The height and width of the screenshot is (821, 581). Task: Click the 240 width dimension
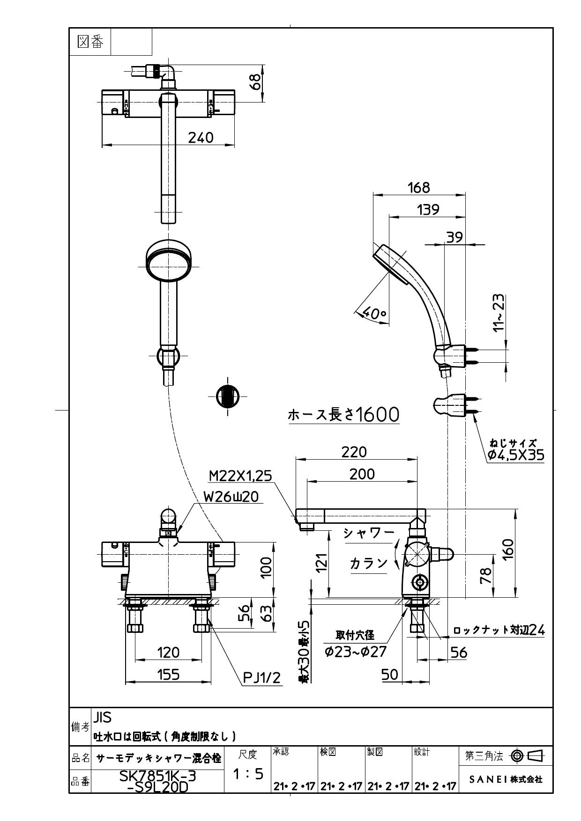[201, 137]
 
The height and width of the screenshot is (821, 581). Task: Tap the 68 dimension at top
[256, 83]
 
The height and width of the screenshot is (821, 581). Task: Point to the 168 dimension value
[418, 187]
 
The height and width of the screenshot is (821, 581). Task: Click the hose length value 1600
[377, 414]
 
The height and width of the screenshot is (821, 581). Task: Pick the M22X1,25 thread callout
[240, 476]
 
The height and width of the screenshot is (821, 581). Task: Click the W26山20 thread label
[231, 496]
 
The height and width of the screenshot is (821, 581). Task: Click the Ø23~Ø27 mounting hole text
[356, 651]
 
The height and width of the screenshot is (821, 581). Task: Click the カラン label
[369, 563]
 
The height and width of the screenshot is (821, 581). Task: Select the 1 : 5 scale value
[248, 774]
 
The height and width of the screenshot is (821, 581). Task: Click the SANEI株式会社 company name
[506, 779]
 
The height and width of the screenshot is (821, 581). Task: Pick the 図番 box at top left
[90, 42]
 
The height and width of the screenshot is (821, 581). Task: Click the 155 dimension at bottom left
[168, 674]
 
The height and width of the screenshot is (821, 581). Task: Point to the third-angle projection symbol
[528, 755]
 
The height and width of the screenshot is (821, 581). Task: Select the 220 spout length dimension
[354, 452]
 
